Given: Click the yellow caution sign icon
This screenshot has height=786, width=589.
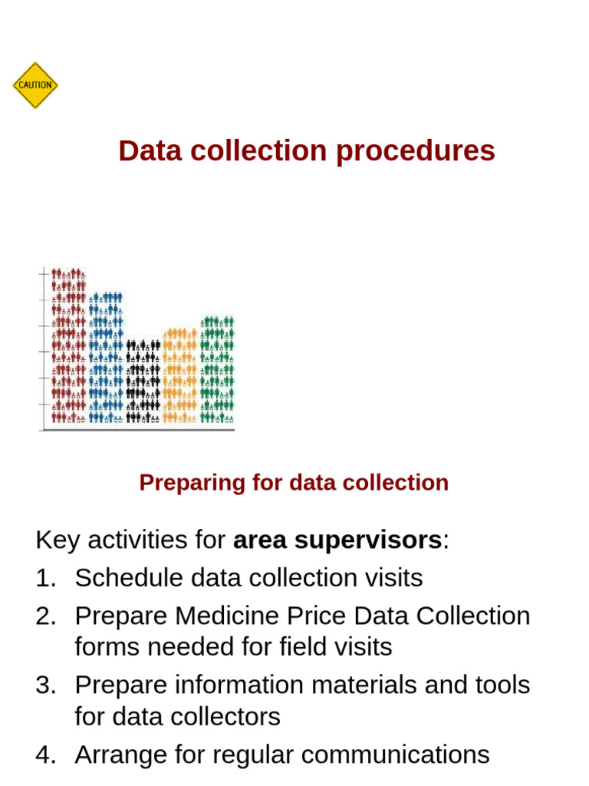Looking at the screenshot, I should pos(35,85).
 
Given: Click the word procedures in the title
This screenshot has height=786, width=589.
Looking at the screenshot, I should pos(415,151).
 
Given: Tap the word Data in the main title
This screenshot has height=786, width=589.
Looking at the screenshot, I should pos(150,150).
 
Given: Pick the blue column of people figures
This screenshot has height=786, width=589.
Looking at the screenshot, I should pos(106,357).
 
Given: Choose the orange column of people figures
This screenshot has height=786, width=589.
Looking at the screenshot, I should pos(180,375).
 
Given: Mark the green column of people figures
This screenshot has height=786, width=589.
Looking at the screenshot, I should pos(217,369).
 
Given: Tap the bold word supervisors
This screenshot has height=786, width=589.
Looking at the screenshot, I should pos(337,540).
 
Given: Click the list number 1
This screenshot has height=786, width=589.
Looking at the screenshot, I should pos(44,578).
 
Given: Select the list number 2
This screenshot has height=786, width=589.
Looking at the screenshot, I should pos(44,616).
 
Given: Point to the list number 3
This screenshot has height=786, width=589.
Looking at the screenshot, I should pos(44,685).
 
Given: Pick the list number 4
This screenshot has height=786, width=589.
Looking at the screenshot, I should pos(44,755).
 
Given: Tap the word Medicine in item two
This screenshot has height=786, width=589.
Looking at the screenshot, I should pos(225,616).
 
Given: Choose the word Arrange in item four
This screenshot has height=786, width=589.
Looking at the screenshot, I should pos(117,755).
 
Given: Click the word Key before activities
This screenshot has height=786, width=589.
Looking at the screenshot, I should pos(58,540).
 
